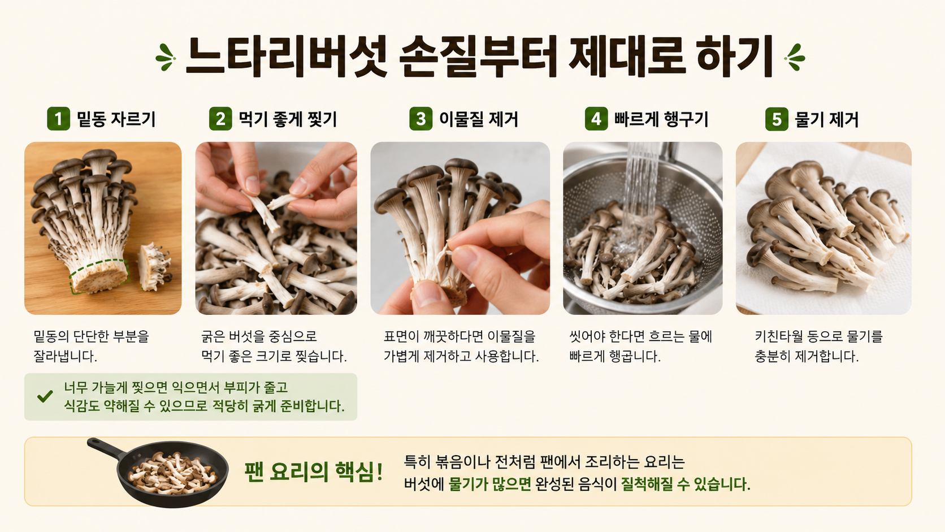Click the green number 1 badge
click(x=58, y=119)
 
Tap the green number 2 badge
click(x=220, y=119)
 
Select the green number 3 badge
click(x=421, y=119)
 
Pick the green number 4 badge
click(x=596, y=119)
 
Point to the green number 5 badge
click(x=777, y=119)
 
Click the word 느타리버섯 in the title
click(x=285, y=57)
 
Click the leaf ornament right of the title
click(x=795, y=57)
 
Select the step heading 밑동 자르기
click(x=116, y=119)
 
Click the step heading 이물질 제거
click(x=478, y=119)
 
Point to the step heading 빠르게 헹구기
click(x=661, y=119)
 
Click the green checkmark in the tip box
click(x=45, y=396)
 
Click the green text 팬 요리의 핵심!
click(x=314, y=472)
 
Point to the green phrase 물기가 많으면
click(x=489, y=484)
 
